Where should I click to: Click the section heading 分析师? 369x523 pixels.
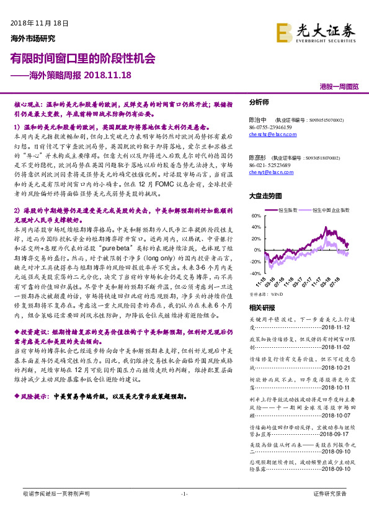click(x=259, y=101)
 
